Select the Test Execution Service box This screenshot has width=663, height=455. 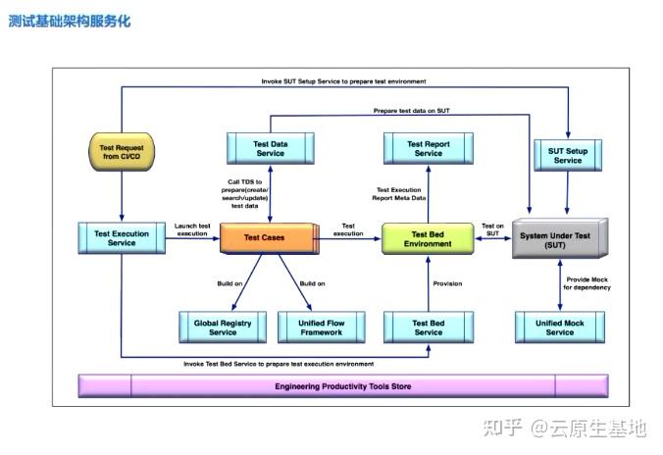pyautogui.click(x=122, y=237)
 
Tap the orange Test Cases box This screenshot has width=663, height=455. pyautogui.click(x=265, y=237)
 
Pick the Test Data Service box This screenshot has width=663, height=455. pyautogui.click(x=270, y=148)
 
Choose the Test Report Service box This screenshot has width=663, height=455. pyautogui.click(x=429, y=148)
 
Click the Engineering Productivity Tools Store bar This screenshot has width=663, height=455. pyautogui.click(x=342, y=386)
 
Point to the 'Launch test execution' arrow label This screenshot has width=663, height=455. pyautogui.click(x=192, y=229)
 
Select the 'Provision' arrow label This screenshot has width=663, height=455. pyautogui.click(x=447, y=284)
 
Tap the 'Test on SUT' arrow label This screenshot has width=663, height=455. pyautogui.click(x=493, y=229)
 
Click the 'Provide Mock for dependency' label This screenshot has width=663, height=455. pyautogui.click(x=586, y=282)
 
